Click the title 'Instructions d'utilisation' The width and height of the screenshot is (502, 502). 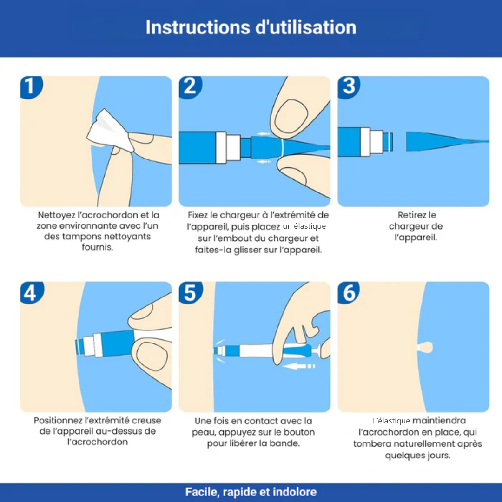[x=251, y=27]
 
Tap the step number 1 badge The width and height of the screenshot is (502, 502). [x=31, y=86]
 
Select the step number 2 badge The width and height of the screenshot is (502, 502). [x=190, y=86]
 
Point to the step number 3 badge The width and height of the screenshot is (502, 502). [x=349, y=86]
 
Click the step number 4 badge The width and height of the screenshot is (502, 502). [x=31, y=292]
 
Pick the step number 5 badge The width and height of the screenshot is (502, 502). [x=190, y=292]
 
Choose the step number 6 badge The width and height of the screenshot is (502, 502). [x=348, y=292]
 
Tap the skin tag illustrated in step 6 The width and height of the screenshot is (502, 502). [x=425, y=347]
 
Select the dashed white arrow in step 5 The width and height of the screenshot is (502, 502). [x=299, y=366]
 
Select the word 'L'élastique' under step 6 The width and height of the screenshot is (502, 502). [x=391, y=420]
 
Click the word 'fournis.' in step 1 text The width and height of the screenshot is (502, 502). [x=97, y=247]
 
